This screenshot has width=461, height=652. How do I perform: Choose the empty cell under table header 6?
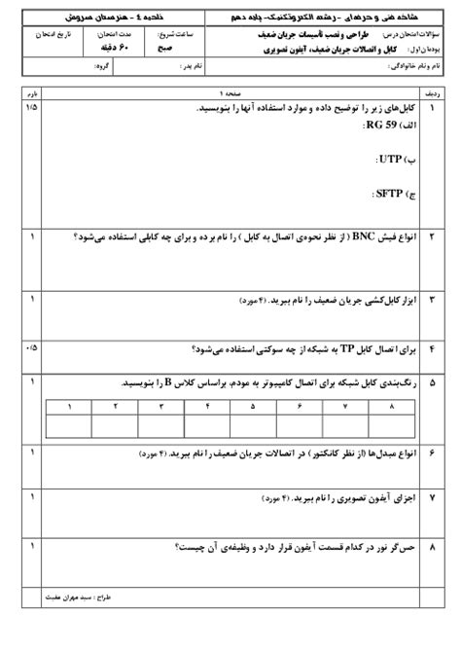point(300,426)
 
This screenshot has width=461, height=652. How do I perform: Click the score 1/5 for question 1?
point(35,105)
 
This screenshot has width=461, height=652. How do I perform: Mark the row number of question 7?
point(433,498)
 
